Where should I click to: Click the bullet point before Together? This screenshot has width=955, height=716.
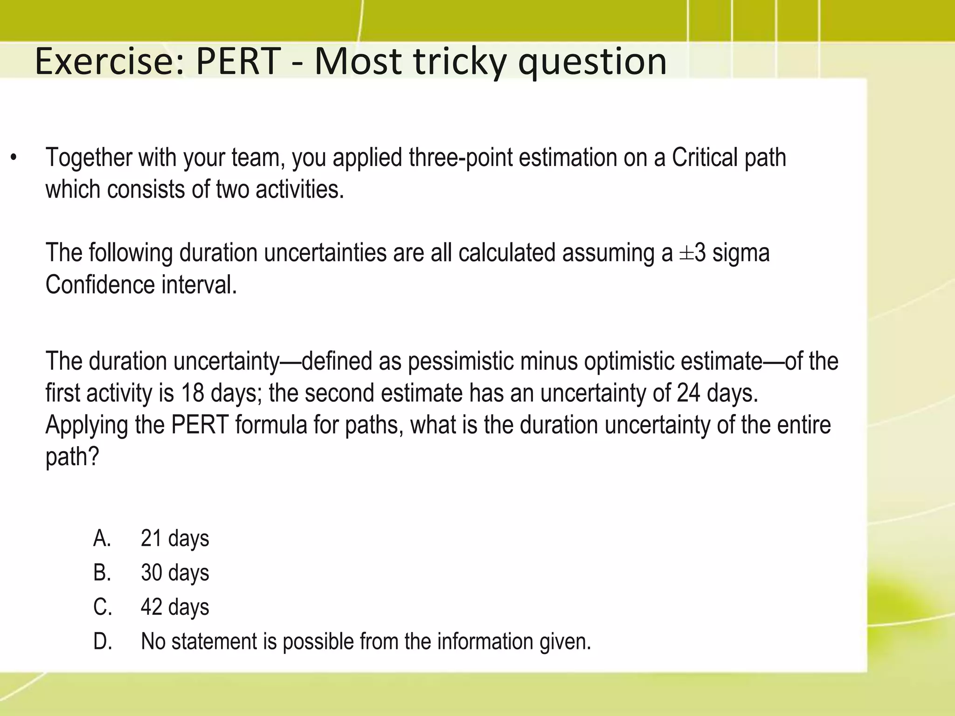[x=14, y=159]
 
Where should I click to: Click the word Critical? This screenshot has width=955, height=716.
[x=705, y=158]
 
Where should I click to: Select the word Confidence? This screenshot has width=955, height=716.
[x=100, y=284]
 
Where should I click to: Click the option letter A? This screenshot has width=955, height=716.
[x=102, y=538]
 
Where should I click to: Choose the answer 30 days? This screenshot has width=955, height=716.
[x=175, y=573]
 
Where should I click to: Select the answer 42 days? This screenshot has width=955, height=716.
[x=175, y=607]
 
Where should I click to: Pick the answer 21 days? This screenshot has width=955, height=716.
[x=175, y=538]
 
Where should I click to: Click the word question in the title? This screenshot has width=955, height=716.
[x=592, y=62]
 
